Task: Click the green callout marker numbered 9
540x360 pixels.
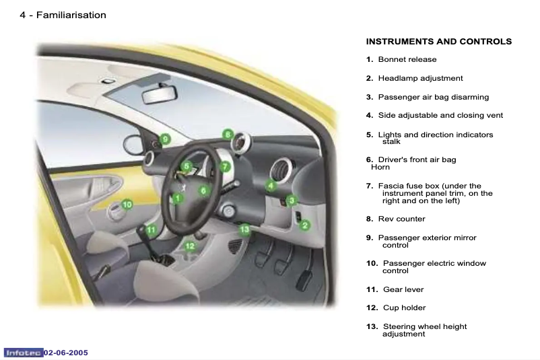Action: tap(165, 139)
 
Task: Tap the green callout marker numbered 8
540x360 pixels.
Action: tap(228, 134)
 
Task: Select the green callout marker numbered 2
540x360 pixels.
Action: tap(305, 225)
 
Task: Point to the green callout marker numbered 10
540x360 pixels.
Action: tap(127, 204)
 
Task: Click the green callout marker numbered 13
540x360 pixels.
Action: tap(245, 229)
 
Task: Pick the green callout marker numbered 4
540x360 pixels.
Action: tap(271, 185)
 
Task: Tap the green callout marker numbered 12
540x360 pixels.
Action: tap(190, 246)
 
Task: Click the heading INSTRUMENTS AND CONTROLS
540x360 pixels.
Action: tap(438, 42)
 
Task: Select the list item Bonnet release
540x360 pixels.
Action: tap(407, 60)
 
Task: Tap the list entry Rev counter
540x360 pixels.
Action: tap(401, 219)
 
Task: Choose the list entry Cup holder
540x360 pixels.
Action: tap(404, 308)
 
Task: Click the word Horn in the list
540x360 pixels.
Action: tap(380, 167)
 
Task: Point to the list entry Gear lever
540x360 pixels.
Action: tap(403, 289)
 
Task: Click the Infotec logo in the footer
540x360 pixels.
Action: tap(24, 353)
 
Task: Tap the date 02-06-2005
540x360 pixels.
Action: tap(66, 353)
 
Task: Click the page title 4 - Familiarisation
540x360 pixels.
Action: tap(63, 15)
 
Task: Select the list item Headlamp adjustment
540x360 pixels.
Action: tap(420, 79)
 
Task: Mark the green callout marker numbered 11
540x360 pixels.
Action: tap(151, 229)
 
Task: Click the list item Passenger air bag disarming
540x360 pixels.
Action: tap(433, 97)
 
